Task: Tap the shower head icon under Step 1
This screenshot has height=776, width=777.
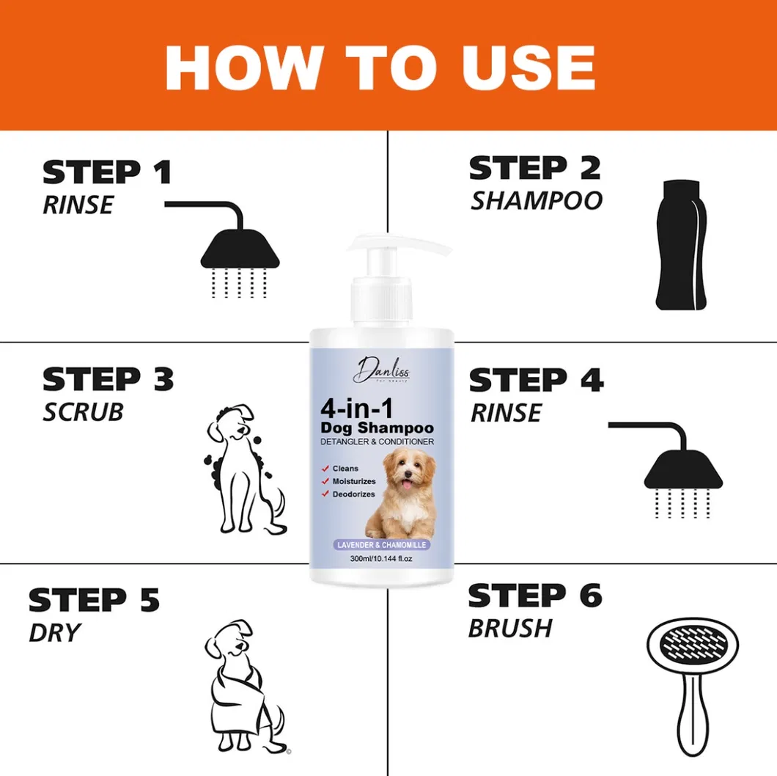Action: (x=240, y=249)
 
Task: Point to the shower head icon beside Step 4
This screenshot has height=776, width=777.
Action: (x=682, y=469)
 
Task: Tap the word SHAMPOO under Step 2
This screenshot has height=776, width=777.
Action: (x=536, y=200)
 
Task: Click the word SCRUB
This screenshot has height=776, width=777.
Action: (x=83, y=411)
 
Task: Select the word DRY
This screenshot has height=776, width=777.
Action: (x=54, y=632)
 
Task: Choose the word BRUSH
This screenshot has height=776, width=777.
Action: (x=510, y=628)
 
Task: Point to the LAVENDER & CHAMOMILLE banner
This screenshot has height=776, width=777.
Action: (x=381, y=545)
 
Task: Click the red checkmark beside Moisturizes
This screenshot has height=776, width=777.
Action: (x=324, y=481)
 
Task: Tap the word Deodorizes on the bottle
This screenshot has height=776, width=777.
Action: (x=353, y=494)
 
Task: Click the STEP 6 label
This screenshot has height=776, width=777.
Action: (x=534, y=596)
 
